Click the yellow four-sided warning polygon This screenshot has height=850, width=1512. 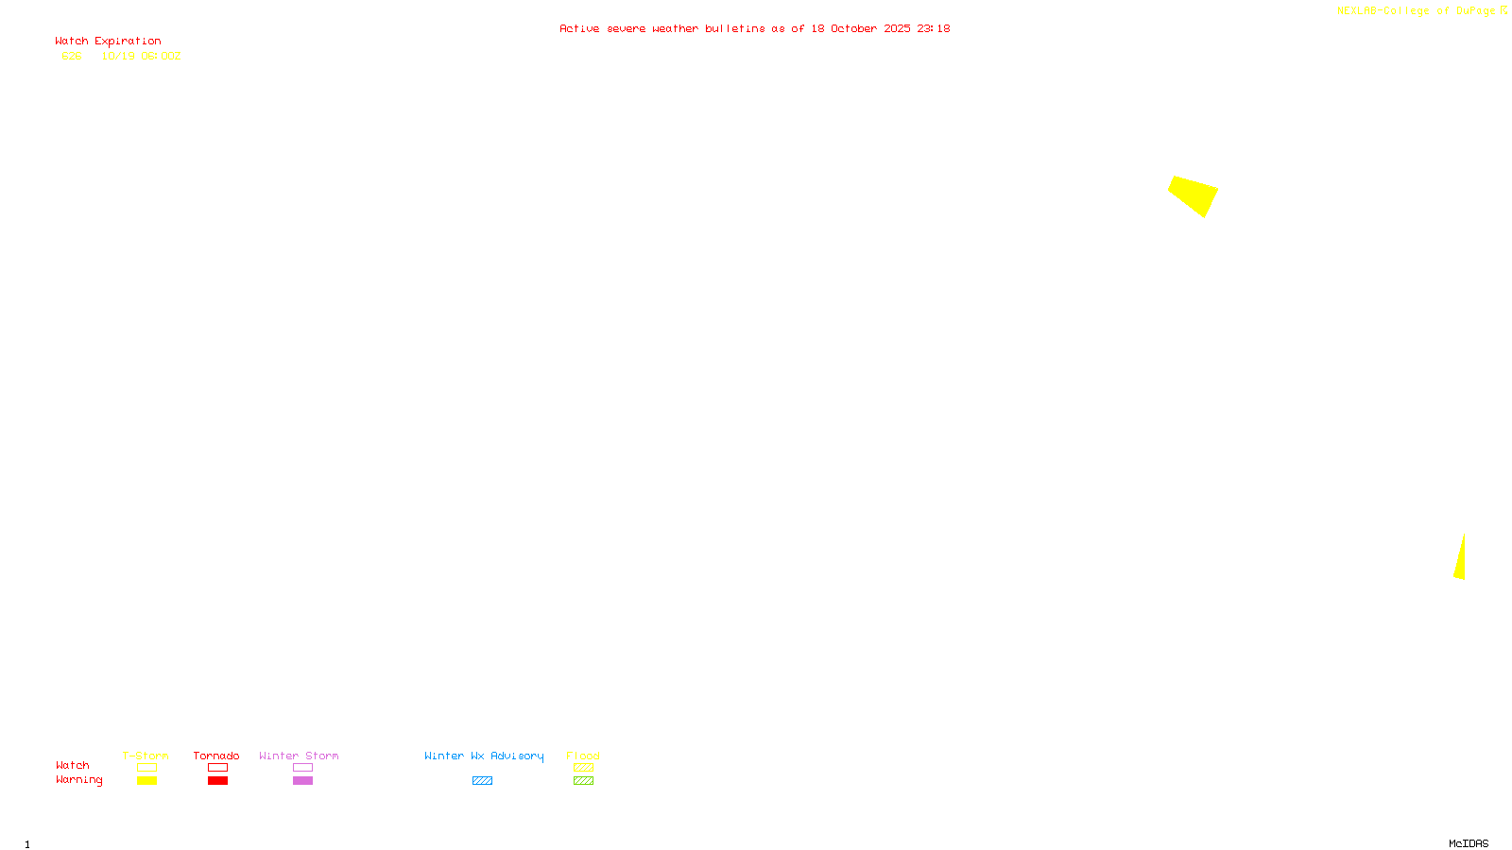pyautogui.click(x=1194, y=195)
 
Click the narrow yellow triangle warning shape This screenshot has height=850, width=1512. pyautogui.click(x=1460, y=562)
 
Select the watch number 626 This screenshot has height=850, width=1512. pyautogui.click(x=72, y=57)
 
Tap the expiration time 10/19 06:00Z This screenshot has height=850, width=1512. pyautogui.click(x=141, y=57)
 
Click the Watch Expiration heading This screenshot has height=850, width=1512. pyautogui.click(x=108, y=42)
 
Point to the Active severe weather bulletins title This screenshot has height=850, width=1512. pyautogui.click(x=754, y=29)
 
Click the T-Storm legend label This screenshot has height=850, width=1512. pyautogui.click(x=146, y=756)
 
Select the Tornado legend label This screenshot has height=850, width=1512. pyautogui.click(x=216, y=756)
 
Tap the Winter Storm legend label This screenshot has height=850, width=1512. pyautogui.click(x=299, y=756)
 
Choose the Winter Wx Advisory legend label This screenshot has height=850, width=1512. pyautogui.click(x=484, y=756)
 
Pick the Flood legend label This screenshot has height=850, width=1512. pyautogui.click(x=583, y=756)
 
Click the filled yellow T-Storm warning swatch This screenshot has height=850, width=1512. pyautogui.click(x=146, y=781)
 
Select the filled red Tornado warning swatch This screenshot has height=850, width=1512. pyautogui.click(x=217, y=781)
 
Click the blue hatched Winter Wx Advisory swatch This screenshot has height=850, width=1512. pyautogui.click(x=482, y=781)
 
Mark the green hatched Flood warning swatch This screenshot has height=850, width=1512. pyautogui.click(x=583, y=781)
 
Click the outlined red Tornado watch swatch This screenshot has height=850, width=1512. pyautogui.click(x=217, y=768)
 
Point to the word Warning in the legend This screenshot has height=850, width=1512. pyautogui.click(x=78, y=780)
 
